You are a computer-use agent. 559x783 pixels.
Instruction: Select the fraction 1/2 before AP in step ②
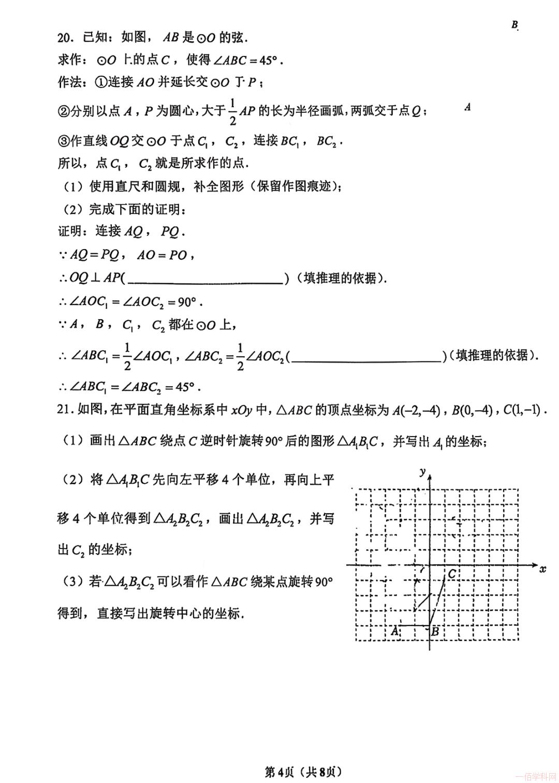point(233,112)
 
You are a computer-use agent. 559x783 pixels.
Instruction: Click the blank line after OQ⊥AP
point(205,280)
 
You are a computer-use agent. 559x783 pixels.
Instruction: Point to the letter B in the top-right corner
point(514,25)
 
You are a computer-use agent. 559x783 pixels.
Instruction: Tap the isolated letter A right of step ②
point(467,107)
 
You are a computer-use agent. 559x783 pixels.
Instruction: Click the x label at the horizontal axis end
point(542,569)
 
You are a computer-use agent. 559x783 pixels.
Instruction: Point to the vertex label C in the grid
point(452,574)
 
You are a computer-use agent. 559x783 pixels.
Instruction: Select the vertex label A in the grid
point(394,631)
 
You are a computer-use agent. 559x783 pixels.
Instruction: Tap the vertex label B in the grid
point(435,631)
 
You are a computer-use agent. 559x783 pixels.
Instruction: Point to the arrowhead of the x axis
point(534,565)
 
